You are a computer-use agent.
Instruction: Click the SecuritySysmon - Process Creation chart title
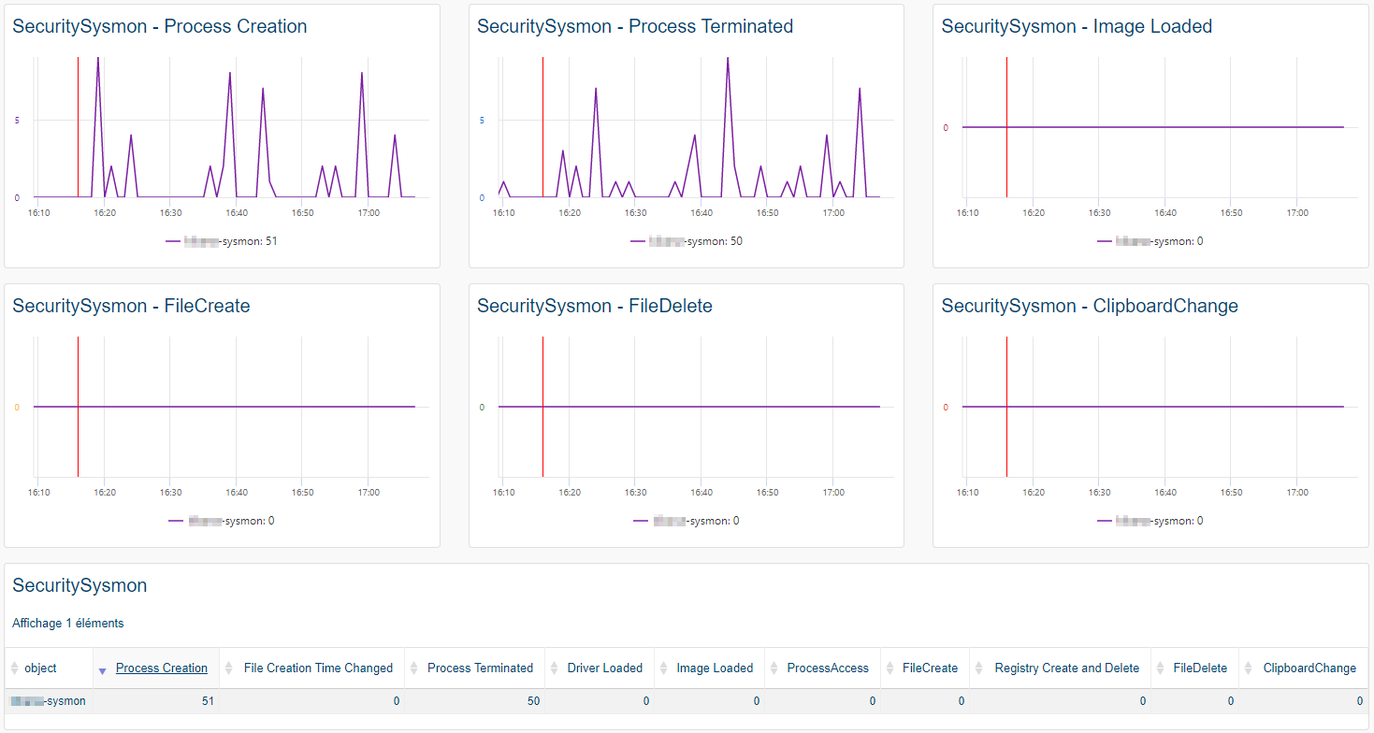click(159, 26)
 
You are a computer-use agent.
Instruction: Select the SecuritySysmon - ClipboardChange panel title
click(1089, 306)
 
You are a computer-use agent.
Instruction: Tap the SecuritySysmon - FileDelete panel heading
click(594, 306)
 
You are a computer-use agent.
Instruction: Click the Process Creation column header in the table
click(161, 668)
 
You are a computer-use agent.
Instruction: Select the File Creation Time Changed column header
click(318, 668)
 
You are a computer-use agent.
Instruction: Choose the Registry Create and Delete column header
click(1066, 668)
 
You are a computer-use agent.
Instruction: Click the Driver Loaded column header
click(604, 668)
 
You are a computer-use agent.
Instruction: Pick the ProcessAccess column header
click(827, 668)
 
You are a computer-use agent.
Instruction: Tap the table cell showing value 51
click(207, 700)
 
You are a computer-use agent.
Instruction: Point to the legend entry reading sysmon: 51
click(222, 241)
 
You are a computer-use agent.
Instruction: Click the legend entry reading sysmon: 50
click(687, 241)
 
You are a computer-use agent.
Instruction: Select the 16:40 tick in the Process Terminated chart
click(701, 213)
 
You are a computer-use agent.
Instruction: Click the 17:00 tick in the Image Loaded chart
click(1296, 213)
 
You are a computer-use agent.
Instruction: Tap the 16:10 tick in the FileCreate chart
click(38, 493)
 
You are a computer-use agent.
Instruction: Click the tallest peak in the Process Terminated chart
click(728, 59)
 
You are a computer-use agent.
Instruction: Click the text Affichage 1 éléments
click(67, 623)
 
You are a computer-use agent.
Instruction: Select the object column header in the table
click(40, 668)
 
